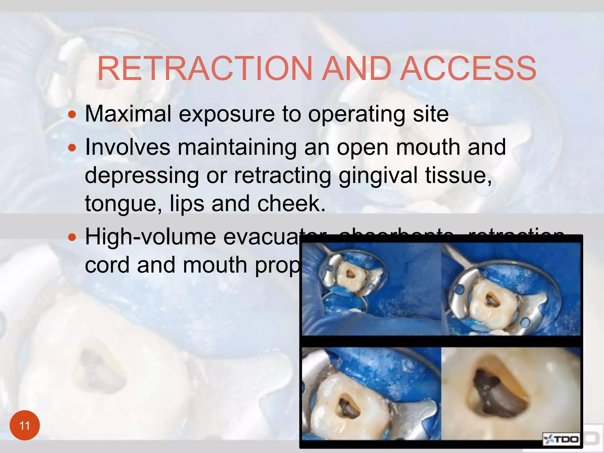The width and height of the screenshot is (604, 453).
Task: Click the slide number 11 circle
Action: [25, 425]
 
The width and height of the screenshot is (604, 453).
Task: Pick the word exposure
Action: [226, 114]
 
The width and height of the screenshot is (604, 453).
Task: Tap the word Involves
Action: [127, 147]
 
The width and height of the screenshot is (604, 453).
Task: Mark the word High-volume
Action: [150, 237]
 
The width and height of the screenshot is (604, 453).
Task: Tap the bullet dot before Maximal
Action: [72, 114]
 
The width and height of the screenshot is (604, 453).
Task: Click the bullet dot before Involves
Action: [72, 147]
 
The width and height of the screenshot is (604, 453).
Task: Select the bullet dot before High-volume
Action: [72, 237]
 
